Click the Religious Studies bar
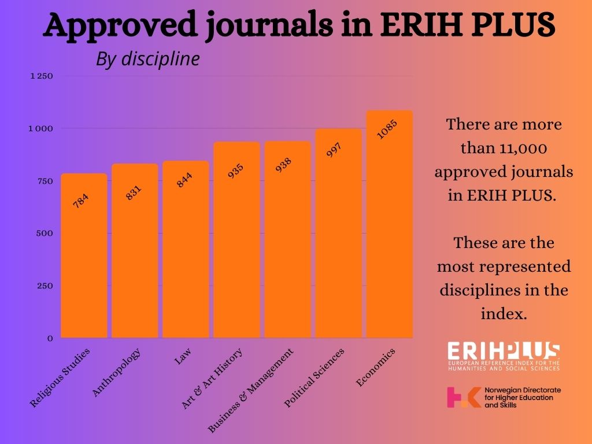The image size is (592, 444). (84, 260)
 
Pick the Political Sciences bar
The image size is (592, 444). (339, 237)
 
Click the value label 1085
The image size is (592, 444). (387, 129)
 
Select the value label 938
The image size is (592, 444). (283, 166)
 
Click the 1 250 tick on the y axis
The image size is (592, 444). (42, 76)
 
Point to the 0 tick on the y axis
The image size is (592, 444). (50, 338)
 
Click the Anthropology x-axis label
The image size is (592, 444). (116, 373)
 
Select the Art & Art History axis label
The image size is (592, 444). (212, 379)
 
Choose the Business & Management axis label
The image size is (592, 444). (251, 391)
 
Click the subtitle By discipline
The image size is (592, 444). (147, 59)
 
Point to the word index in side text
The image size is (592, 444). (504, 314)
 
